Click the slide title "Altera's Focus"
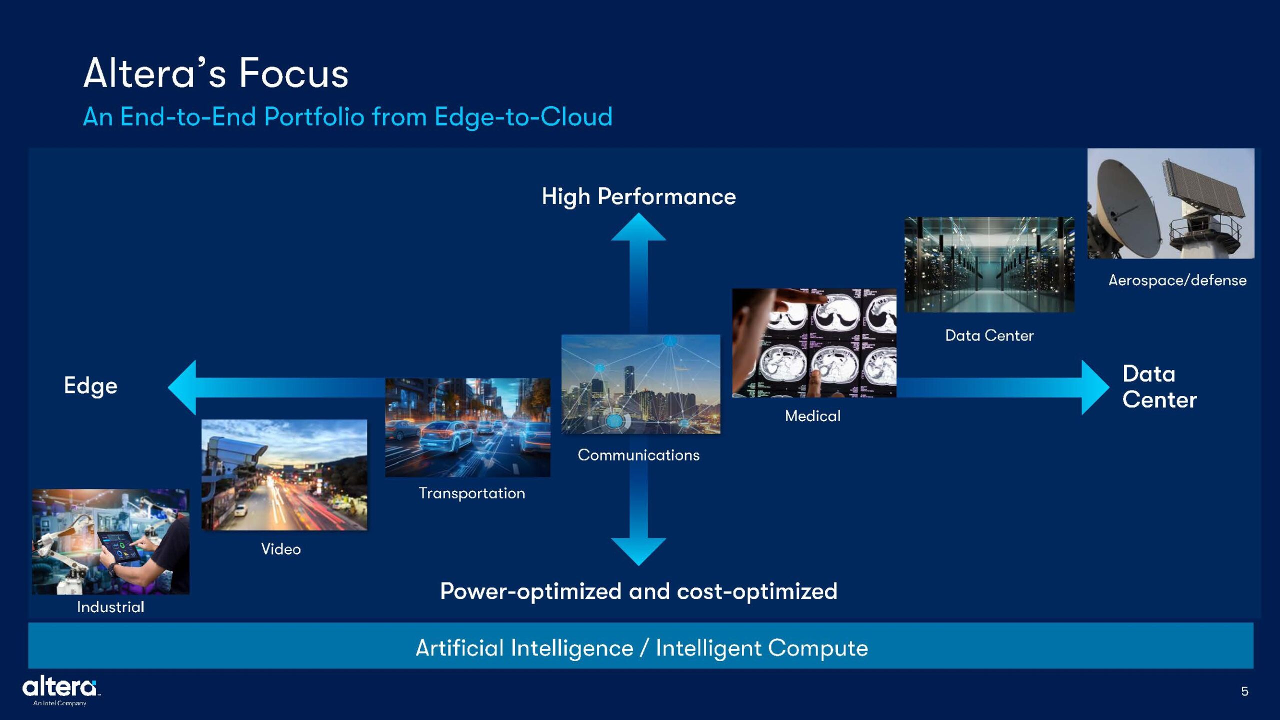(215, 73)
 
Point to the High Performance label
(638, 196)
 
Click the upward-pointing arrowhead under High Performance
(638, 227)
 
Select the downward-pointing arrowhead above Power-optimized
(638, 551)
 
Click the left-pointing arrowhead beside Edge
(182, 387)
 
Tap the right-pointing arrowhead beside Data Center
(1095, 387)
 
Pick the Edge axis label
(90, 386)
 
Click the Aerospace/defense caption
(1177, 280)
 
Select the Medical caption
(812, 416)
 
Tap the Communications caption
(638, 455)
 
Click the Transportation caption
(472, 493)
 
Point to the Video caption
(281, 549)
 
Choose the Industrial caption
(110, 607)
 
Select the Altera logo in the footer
(60, 690)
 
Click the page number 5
(1244, 691)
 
